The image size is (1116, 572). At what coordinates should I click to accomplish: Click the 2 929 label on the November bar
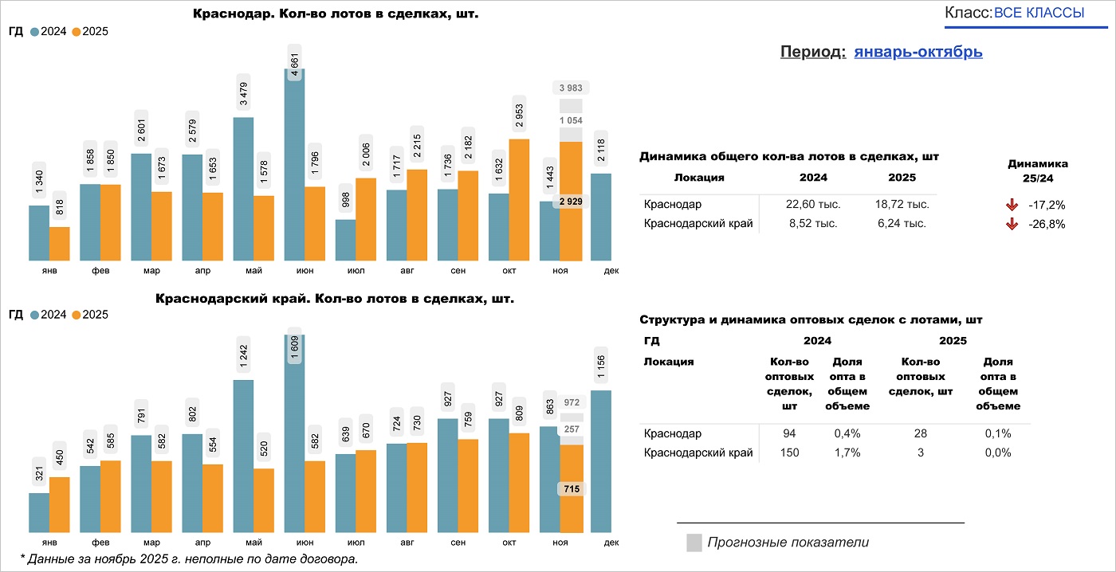tap(571, 202)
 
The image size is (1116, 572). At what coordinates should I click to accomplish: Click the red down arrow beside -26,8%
tap(1012, 225)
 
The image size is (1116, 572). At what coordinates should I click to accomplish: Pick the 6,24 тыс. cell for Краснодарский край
tap(902, 224)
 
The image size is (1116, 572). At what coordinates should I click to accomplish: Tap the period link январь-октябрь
tap(918, 52)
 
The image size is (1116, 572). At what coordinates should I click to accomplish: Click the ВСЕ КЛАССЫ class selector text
tap(1039, 13)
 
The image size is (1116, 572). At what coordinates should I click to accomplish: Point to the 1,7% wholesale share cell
tap(847, 453)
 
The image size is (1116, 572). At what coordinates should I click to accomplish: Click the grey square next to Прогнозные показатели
tap(694, 543)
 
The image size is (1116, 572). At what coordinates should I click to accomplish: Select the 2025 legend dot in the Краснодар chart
tap(77, 32)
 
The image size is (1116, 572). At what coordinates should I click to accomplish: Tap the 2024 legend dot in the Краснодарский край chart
tap(35, 315)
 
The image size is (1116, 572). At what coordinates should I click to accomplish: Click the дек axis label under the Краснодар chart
tap(611, 271)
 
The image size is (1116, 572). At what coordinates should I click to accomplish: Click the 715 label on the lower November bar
tap(571, 489)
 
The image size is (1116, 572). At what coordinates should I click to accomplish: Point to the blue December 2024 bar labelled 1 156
tap(601, 461)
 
